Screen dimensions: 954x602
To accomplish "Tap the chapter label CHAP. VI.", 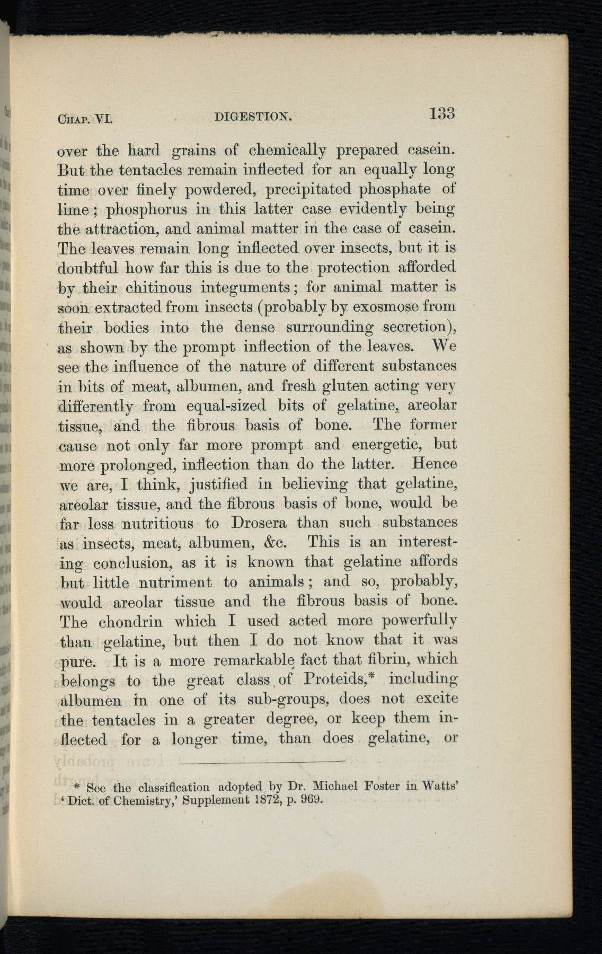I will [85, 119].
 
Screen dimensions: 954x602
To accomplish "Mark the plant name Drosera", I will [259, 523].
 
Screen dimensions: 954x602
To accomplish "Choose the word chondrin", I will [132, 621].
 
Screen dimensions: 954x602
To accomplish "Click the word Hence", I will [434, 464].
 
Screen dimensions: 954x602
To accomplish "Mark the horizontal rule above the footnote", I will [262, 762].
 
